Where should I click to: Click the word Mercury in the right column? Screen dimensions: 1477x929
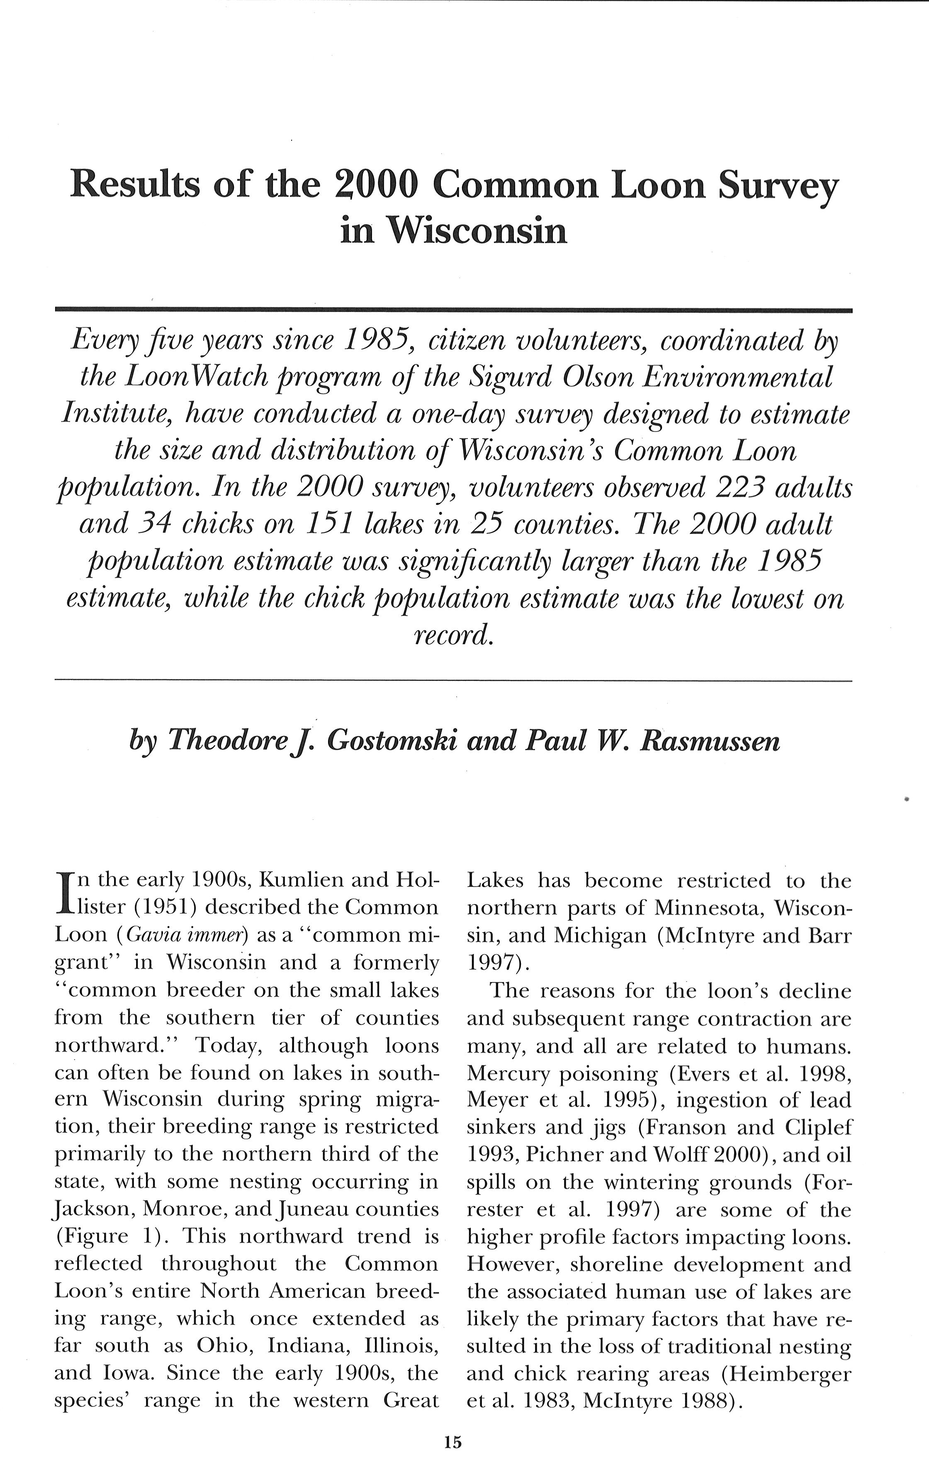pyautogui.click(x=506, y=1073)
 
